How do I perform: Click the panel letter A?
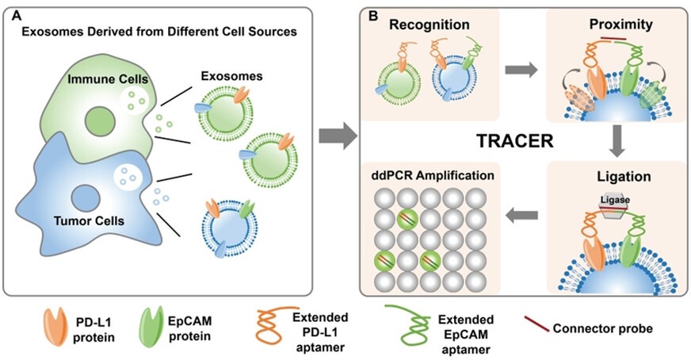[17, 16]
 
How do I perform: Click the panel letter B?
[372, 16]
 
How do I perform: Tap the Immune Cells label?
[108, 79]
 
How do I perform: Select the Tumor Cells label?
[89, 220]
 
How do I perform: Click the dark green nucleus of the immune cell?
[100, 121]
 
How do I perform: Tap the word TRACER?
[515, 140]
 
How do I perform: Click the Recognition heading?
[429, 25]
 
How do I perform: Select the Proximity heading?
[621, 25]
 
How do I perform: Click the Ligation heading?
[624, 177]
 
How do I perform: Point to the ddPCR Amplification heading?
[433, 175]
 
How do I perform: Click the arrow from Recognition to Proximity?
[521, 69]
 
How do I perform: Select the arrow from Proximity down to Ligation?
[617, 141]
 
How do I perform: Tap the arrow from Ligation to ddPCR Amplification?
[521, 216]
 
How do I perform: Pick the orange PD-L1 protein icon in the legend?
[55, 327]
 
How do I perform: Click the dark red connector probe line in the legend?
[536, 324]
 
